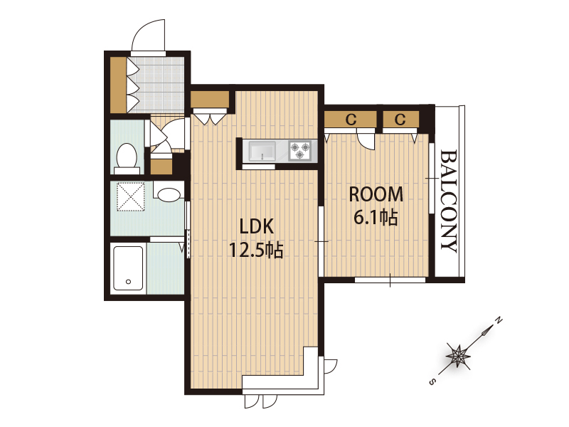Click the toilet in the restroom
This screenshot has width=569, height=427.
[127, 159]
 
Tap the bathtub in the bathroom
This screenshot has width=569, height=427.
[128, 268]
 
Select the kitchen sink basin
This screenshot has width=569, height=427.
[262, 150]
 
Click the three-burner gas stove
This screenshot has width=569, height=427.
[299, 150]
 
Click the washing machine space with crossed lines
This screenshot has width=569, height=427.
[131, 196]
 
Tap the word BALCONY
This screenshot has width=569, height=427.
[449, 201]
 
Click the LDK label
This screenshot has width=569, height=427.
[256, 227]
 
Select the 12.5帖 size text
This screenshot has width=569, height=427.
[256, 250]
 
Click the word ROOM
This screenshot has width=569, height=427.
[376, 194]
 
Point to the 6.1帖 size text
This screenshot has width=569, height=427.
[376, 218]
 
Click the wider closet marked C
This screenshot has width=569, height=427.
[350, 119]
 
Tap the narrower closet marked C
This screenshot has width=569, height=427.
[400, 119]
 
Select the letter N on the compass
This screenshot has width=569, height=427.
[499, 320]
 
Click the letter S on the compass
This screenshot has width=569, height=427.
[432, 381]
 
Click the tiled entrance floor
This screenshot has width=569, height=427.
[156, 85]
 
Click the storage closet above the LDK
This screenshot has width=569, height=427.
[210, 99]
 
